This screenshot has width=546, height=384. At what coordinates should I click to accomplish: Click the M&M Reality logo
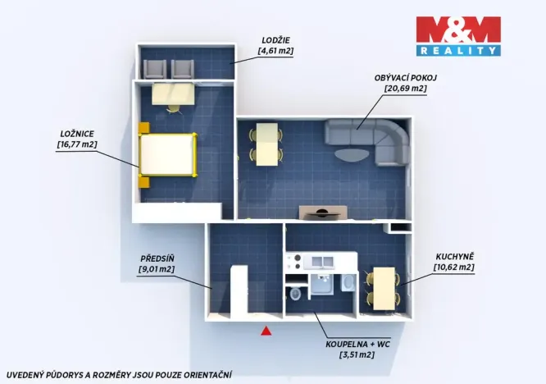point(458,36)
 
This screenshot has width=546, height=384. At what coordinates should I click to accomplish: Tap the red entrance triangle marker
point(266,331)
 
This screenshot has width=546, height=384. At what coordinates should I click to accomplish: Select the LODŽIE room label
point(275,40)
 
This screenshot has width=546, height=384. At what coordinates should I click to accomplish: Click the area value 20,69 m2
point(406,88)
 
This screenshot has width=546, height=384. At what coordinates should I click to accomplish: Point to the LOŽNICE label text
point(77,134)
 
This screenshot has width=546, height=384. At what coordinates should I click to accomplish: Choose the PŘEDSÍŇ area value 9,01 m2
point(157,269)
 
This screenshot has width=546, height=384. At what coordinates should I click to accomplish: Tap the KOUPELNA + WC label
point(357,345)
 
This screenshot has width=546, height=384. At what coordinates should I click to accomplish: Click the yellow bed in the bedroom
point(168,155)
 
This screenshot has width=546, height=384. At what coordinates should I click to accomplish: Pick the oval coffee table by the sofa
point(352,155)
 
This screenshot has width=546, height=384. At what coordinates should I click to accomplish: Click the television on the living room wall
point(323,214)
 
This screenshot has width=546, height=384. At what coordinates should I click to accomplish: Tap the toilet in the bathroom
point(295,294)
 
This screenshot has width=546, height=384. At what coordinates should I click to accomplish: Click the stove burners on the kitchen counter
point(294,262)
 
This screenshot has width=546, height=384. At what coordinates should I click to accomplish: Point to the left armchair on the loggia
point(155,69)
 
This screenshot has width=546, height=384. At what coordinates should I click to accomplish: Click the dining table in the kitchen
point(384,289)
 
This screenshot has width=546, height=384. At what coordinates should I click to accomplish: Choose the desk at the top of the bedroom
point(173,94)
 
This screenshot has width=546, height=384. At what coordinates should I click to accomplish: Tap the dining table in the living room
point(266,144)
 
